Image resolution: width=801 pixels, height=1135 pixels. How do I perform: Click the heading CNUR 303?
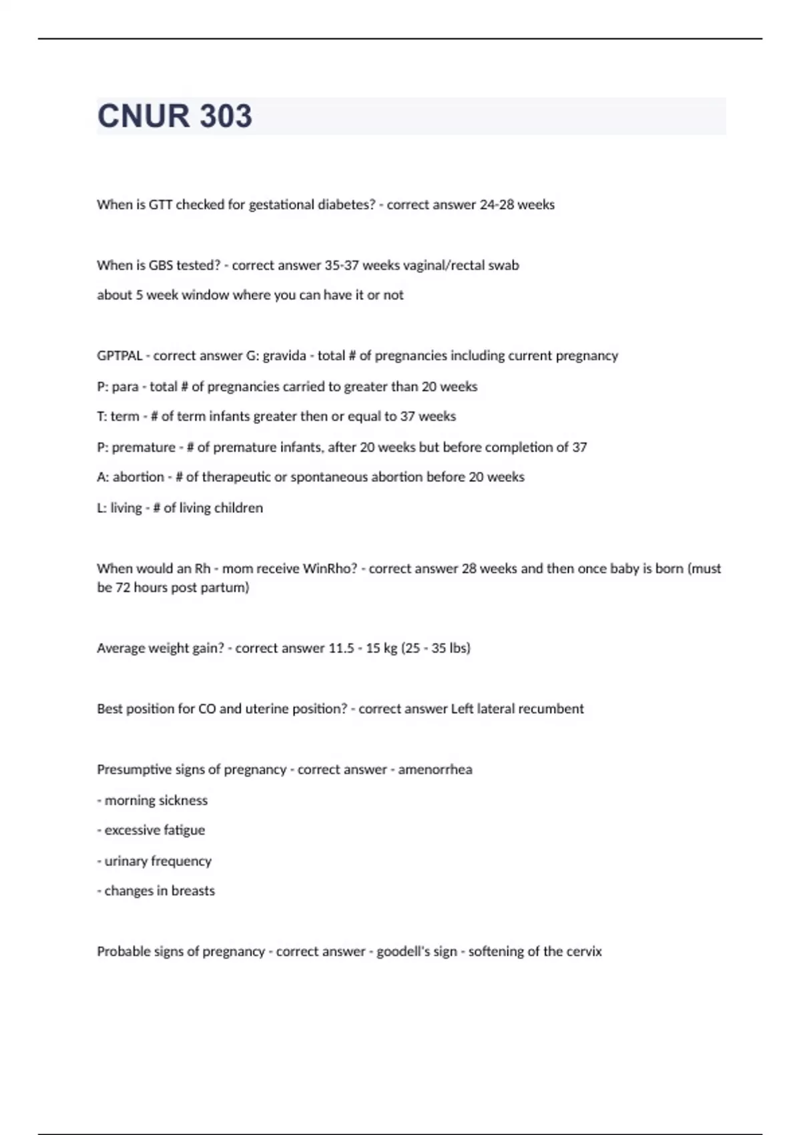tap(175, 116)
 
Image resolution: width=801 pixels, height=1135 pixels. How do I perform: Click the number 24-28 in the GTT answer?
tap(497, 205)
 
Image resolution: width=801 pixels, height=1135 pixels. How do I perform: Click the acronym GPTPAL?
tap(119, 356)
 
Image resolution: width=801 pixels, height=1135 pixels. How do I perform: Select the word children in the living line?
tap(238, 508)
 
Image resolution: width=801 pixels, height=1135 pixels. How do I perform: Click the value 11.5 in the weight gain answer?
tap(341, 648)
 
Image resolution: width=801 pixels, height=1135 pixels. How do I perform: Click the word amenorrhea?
tap(435, 770)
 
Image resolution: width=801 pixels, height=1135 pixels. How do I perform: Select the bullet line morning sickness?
tap(153, 801)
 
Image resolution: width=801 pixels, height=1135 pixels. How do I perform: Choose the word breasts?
tap(193, 891)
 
